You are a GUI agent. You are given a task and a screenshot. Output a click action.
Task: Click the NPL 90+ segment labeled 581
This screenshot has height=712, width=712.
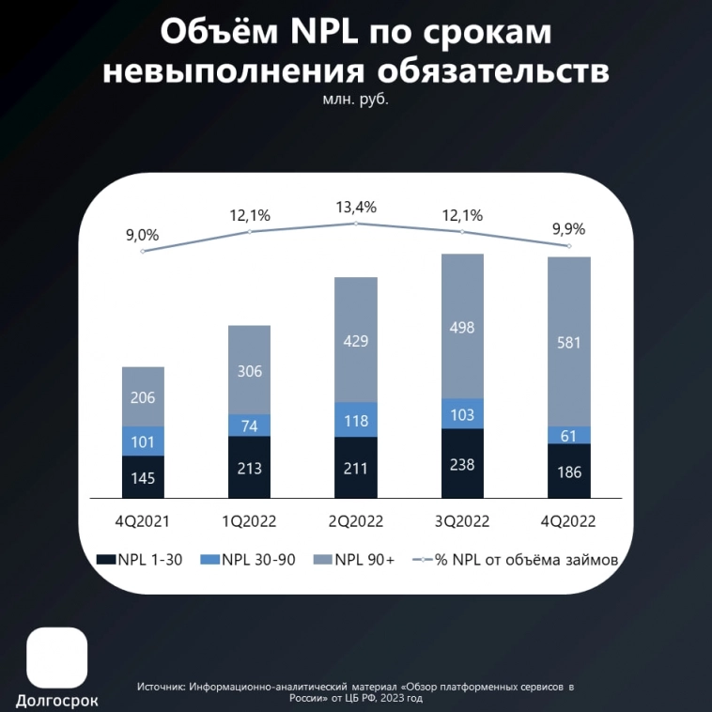pos(569,342)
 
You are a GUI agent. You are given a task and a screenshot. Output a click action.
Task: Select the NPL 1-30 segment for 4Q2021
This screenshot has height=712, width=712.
pos(143,477)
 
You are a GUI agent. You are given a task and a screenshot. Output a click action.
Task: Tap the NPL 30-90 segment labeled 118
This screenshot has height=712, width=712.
pos(356,420)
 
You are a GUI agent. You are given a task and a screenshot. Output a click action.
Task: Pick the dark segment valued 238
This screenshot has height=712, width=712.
pos(462,463)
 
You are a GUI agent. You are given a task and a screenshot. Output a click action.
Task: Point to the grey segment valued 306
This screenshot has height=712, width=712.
pos(249,370)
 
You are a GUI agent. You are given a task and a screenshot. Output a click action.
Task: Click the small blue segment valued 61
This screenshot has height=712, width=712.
pos(569,435)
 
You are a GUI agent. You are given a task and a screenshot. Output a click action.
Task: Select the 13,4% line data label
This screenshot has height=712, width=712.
pos(356,208)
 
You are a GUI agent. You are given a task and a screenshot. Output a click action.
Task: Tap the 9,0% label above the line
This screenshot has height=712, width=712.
pos(143,235)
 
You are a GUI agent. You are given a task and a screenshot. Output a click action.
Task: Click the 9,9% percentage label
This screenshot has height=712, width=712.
pos(569,229)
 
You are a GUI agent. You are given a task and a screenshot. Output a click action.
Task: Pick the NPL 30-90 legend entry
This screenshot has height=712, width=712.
pos(251,560)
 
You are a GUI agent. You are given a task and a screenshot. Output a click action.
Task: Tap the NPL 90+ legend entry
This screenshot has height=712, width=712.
pos(358,560)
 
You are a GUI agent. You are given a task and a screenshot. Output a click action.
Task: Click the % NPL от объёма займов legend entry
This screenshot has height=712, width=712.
pos(514,560)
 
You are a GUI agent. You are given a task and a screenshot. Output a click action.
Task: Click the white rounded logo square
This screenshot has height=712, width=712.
pos(57,658)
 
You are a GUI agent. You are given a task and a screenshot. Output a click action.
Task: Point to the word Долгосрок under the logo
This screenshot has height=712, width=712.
pos(57,700)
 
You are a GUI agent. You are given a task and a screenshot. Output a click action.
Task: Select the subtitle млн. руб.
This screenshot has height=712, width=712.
pos(355,97)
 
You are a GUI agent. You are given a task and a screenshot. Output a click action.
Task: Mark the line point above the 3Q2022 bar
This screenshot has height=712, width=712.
pos(462,231)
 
